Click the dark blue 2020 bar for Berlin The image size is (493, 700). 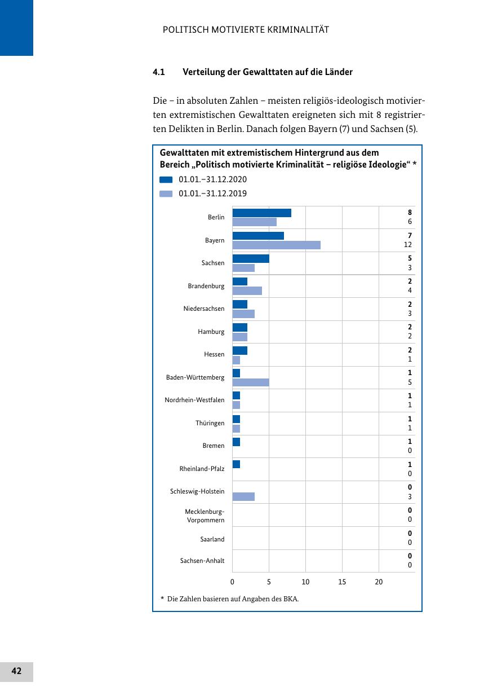pos(261,213)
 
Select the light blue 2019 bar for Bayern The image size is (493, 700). pos(276,245)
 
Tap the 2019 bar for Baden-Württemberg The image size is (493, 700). pos(251,382)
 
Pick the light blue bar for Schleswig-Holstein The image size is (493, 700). pos(243,496)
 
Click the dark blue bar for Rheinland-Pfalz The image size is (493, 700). pos(236,464)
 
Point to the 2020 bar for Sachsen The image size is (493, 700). pos(251,258)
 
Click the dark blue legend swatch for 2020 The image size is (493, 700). pos(166,180)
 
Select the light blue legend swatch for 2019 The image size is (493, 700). pos(166,194)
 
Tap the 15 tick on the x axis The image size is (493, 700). pos(342,582)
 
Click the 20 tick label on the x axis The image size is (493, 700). pos(379,582)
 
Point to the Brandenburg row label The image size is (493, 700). pos(206,286)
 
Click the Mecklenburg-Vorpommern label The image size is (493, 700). pos(205,516)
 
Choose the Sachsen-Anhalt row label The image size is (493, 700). pos(202,561)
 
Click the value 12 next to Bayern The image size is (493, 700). pos(408,245)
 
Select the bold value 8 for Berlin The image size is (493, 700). pos(410,213)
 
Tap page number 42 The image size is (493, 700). pos(16,671)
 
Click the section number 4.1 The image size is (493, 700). pos(158,72)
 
